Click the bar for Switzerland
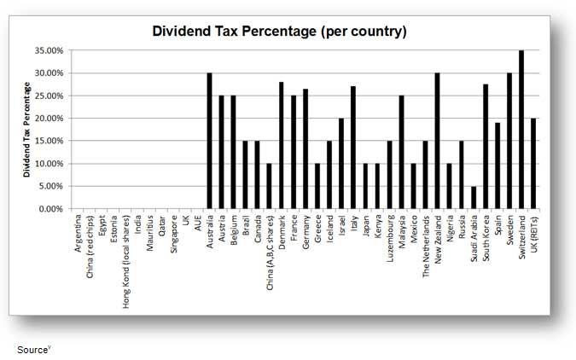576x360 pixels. pyautogui.click(x=521, y=130)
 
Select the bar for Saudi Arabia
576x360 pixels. pyautogui.click(x=474, y=197)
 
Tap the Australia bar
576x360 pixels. pyautogui.click(x=209, y=141)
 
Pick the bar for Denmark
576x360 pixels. pyautogui.click(x=282, y=145)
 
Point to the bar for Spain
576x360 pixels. pyautogui.click(x=497, y=165)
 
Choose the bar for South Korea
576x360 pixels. pyautogui.click(x=486, y=146)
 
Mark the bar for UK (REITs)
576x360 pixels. pyautogui.click(x=533, y=164)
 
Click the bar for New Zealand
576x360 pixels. pyautogui.click(x=438, y=141)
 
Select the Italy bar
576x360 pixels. pyautogui.click(x=353, y=148)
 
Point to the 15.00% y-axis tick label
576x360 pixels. pyautogui.click(x=49, y=141)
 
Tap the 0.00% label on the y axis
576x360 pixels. pyautogui.click(x=51, y=209)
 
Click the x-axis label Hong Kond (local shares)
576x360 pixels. pyautogui.click(x=126, y=262)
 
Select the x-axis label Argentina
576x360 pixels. pyautogui.click(x=78, y=234)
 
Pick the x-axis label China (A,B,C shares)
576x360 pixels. pyautogui.click(x=270, y=253)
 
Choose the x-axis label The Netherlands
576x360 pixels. pyautogui.click(x=426, y=247)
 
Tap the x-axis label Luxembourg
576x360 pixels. pyautogui.click(x=390, y=238)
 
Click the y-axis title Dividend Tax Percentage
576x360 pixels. pyautogui.click(x=26, y=130)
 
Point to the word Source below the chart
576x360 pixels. pyautogui.click(x=32, y=350)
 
